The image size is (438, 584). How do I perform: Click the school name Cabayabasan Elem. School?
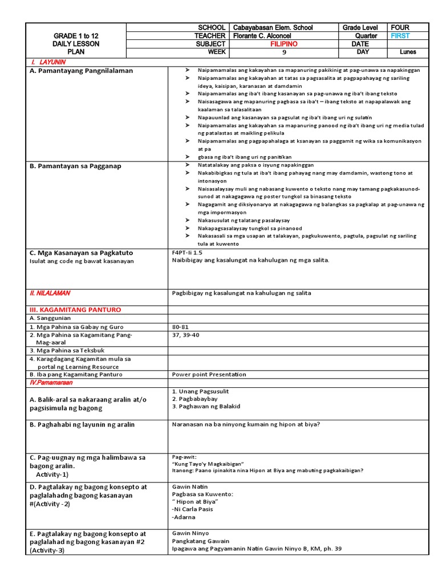tap(273, 27)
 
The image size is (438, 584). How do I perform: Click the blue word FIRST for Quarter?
tap(400, 35)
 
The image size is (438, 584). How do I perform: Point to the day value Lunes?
tap(408, 52)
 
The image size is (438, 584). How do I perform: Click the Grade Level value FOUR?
tap(400, 27)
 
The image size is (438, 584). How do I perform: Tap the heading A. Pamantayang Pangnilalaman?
tap(81, 71)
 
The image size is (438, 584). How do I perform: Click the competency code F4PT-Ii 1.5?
tap(187, 252)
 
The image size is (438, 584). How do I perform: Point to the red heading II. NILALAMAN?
tap(50, 293)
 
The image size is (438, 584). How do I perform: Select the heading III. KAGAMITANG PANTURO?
tap(75, 310)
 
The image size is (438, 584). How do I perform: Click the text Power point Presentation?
tap(209, 375)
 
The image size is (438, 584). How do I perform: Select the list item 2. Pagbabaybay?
tap(194, 399)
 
